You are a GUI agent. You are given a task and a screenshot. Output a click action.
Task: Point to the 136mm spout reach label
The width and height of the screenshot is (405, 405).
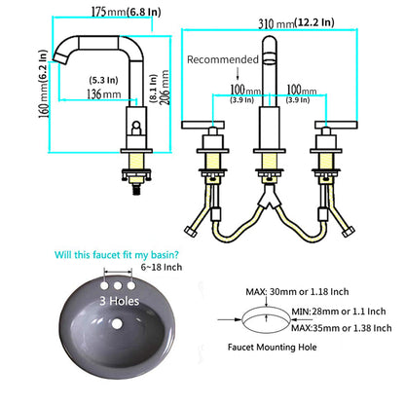(103, 94)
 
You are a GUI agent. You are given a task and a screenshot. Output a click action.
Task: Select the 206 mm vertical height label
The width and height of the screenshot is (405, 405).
(165, 87)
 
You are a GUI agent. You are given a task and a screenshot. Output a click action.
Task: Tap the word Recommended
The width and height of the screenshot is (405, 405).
(223, 59)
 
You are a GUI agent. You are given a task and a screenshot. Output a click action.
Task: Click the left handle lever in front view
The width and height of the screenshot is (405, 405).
(203, 125)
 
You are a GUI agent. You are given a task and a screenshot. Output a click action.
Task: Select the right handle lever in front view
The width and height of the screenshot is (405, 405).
(336, 125)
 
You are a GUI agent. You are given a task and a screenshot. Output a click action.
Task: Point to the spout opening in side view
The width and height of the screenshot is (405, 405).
(60, 58)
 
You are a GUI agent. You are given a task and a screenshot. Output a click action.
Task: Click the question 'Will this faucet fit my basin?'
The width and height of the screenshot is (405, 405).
(117, 255)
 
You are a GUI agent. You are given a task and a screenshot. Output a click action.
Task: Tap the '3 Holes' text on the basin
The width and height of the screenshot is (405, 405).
(120, 301)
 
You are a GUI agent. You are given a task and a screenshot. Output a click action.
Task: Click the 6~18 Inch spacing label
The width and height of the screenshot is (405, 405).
(162, 267)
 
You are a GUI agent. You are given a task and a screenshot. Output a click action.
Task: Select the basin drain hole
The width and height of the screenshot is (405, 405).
(118, 323)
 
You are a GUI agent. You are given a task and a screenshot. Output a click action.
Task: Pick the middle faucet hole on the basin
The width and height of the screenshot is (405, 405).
(118, 285)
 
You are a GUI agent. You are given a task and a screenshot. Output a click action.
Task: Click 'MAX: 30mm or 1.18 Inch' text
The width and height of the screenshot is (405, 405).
(297, 292)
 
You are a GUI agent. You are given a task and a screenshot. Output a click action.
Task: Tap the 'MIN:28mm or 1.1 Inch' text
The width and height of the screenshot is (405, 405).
(339, 312)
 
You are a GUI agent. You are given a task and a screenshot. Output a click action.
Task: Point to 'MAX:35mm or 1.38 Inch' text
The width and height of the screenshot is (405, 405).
(342, 328)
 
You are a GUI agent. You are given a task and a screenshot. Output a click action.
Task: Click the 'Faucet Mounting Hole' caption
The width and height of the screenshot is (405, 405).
(272, 348)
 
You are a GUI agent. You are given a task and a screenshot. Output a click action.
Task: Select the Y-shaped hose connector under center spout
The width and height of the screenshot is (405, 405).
(270, 196)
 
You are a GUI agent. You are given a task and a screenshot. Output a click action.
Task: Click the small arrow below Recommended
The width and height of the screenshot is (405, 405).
(238, 73)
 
